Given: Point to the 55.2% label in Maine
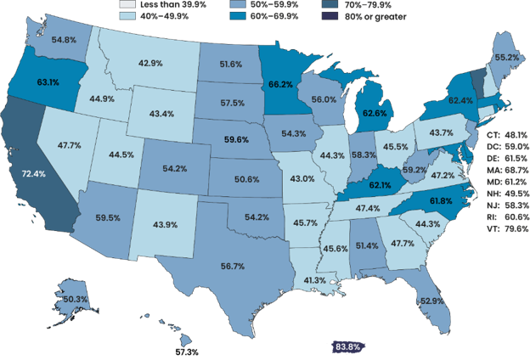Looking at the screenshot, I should click(x=506, y=57).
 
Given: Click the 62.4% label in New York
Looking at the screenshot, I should click(x=460, y=101).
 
